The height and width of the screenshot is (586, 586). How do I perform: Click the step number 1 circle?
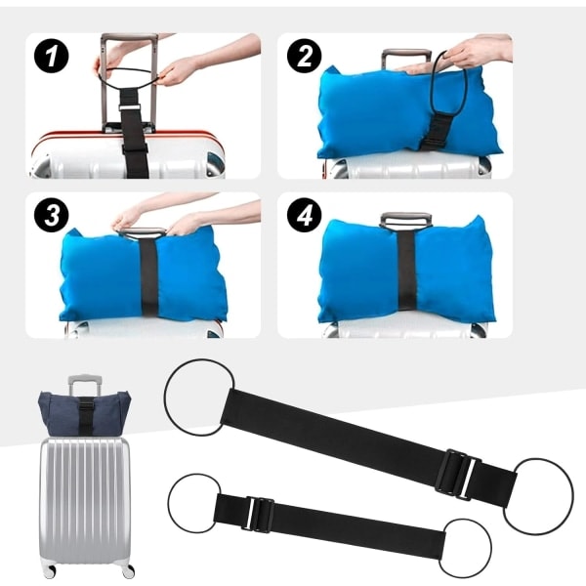(51, 56)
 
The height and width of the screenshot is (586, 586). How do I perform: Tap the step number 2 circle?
(304, 56)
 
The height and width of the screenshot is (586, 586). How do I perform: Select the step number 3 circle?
(51, 215)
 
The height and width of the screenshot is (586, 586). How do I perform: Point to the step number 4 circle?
(304, 215)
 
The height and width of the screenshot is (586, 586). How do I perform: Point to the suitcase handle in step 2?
(406, 58)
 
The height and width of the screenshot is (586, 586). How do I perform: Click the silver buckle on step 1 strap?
(130, 107)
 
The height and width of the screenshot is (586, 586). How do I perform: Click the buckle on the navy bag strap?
(86, 406)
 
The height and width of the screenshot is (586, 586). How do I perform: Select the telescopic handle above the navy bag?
(85, 384)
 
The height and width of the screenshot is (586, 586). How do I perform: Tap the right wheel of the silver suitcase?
(128, 570)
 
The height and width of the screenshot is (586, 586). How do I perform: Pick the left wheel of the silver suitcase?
(49, 570)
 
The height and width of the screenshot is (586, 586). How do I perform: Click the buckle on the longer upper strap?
(458, 475)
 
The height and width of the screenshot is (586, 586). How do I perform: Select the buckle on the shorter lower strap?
(258, 515)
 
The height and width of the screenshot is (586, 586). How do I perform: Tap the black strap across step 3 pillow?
(148, 275)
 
